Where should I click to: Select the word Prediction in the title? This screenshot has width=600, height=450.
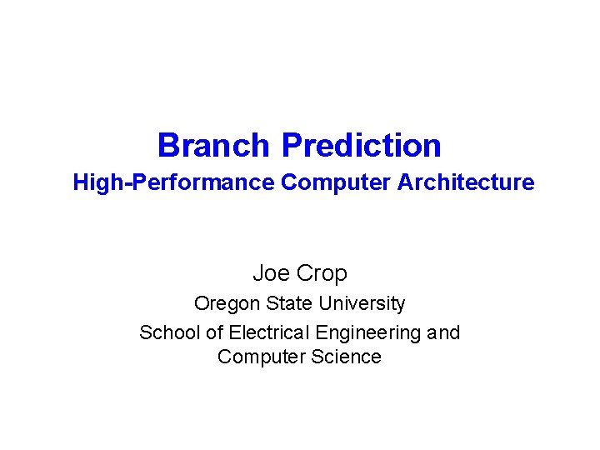pos(362,146)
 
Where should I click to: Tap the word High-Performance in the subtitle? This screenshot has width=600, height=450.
pos(173,182)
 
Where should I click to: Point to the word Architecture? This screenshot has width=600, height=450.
pos(466,182)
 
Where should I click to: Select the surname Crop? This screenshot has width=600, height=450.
pos(321,274)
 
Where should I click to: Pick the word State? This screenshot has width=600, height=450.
pos(287,303)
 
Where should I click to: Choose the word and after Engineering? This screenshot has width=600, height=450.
pos(443,332)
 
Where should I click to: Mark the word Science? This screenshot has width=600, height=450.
pos(342,357)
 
